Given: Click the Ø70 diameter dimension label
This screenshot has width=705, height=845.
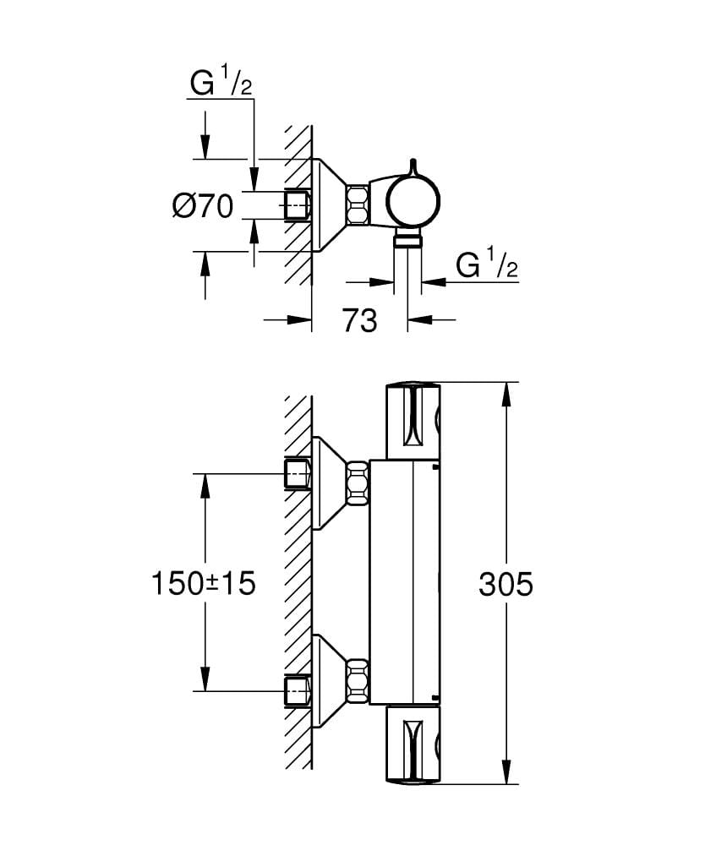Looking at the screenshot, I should pos(202,205).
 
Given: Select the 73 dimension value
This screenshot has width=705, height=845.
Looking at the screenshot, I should pos(359,320).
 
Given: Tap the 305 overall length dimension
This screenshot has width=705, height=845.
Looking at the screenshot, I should pos(506,584).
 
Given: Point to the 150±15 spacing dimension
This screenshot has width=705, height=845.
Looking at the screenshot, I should pos(203,583).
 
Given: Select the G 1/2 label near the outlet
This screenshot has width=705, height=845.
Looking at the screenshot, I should pos(487,266).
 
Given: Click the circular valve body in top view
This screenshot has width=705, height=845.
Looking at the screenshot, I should pos(413,204).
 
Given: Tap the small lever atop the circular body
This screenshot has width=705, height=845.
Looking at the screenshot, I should pos(413,166).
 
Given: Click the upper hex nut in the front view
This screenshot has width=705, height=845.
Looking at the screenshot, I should pos(358,482).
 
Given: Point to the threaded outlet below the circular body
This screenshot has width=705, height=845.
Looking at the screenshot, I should pos(408,242).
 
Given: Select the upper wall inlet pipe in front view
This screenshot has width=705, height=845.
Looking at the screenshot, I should pos(298,475).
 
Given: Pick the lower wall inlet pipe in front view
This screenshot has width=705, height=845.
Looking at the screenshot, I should pos(298,690).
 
